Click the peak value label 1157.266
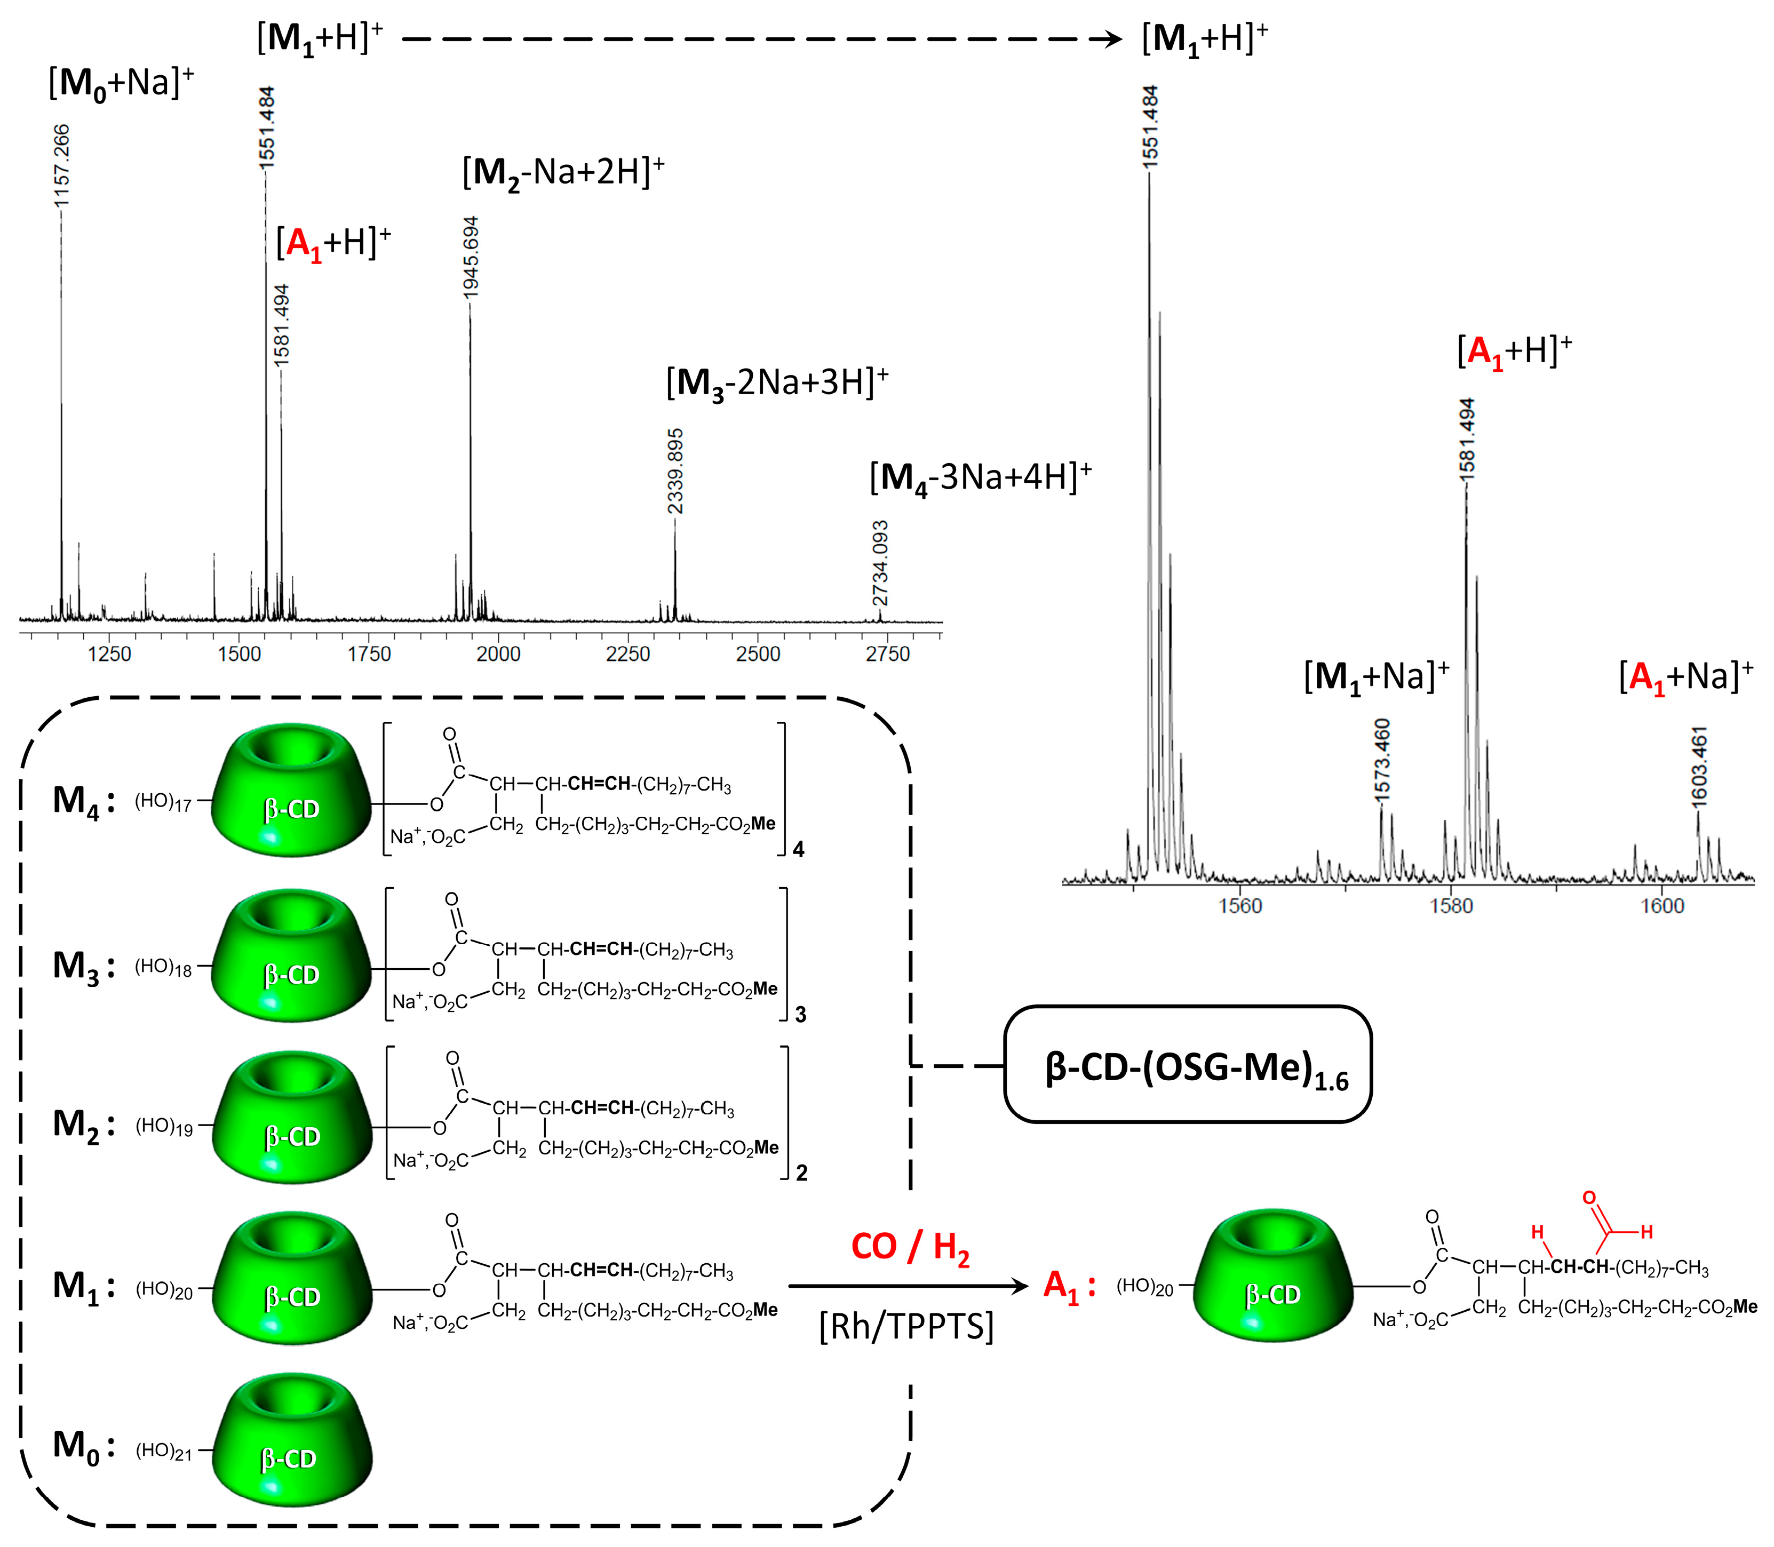[x=61, y=166]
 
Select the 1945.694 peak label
[x=471, y=257]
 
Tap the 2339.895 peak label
[x=675, y=471]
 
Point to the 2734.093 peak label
[x=880, y=563]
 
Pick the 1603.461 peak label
[x=1699, y=767]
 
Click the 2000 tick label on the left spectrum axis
[x=498, y=655]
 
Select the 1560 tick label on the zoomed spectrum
[x=1240, y=906]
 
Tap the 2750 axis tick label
[x=887, y=655]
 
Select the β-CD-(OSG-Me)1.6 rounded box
[x=1188, y=1064]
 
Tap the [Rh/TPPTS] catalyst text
[x=906, y=1326]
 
